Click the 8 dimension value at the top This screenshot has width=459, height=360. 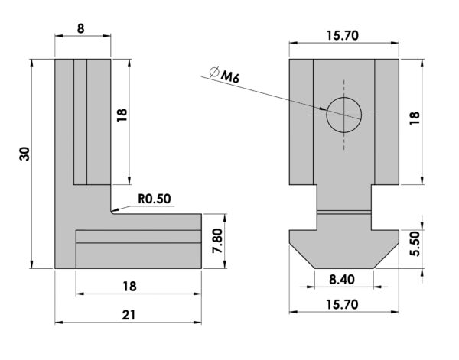coord(80,28)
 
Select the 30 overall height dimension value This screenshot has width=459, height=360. coord(24,154)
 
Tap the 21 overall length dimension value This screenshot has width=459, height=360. coord(129,315)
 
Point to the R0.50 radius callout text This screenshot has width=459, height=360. coord(155,199)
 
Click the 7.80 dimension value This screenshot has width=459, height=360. coord(218,241)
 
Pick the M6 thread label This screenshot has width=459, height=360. coord(230,77)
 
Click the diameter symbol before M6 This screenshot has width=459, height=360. coord(214,72)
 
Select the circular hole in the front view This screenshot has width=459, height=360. coord(344,115)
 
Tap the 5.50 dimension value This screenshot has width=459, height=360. coord(415,244)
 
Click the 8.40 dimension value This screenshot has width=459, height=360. coord(342,280)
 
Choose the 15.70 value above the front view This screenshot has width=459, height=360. coord(342,36)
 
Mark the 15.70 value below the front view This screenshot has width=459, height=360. coord(342,305)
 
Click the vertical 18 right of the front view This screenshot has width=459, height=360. coord(415,118)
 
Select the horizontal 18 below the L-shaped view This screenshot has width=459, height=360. coord(130,287)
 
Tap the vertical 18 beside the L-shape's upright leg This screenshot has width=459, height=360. coord(122,115)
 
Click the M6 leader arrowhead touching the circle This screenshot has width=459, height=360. coord(323,109)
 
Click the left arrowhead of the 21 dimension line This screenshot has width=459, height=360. coord(59,323)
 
